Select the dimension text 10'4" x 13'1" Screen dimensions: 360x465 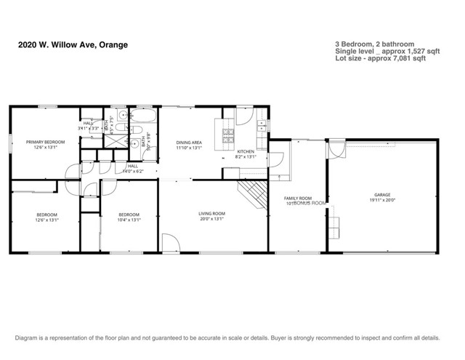pyautogui.click(x=129, y=220)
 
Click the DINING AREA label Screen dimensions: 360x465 pyautogui.click(x=188, y=142)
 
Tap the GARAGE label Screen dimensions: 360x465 pyautogui.click(x=382, y=195)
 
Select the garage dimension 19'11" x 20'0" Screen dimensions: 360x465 pyautogui.click(x=382, y=201)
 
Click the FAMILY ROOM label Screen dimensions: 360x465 pyautogui.click(x=297, y=198)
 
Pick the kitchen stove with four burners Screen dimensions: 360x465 pyautogui.click(x=227, y=135)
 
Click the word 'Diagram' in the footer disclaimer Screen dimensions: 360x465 pyautogui.click(x=27, y=338)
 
